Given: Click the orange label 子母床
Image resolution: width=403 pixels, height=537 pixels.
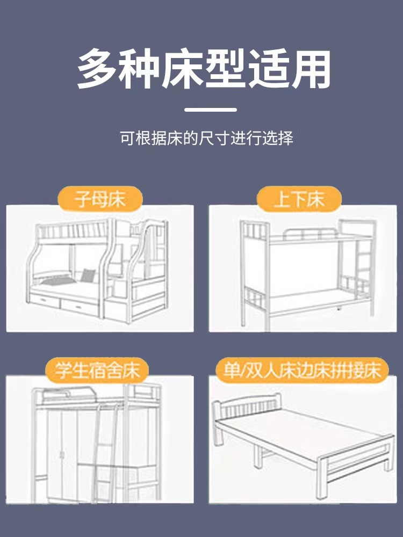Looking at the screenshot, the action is coord(100,199).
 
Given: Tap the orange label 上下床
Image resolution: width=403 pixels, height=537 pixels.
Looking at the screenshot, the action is coord(299,199).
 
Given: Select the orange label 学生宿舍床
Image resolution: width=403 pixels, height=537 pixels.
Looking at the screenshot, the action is coord(97,370).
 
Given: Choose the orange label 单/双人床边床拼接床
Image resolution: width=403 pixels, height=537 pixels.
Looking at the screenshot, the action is coord(302,370).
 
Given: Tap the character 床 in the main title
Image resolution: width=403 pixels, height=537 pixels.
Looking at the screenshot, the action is coord(183,69).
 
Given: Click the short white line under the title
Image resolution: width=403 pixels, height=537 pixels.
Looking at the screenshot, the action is coord(211,110).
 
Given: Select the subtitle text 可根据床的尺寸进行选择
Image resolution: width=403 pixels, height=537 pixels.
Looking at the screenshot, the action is coord(207,138).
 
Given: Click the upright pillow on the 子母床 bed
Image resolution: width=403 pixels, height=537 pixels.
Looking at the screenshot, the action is coord(88,275).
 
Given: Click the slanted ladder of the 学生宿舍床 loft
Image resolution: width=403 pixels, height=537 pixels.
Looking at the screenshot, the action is coord(105,452).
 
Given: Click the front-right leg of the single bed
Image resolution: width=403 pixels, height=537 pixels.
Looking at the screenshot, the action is coord(322,478).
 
